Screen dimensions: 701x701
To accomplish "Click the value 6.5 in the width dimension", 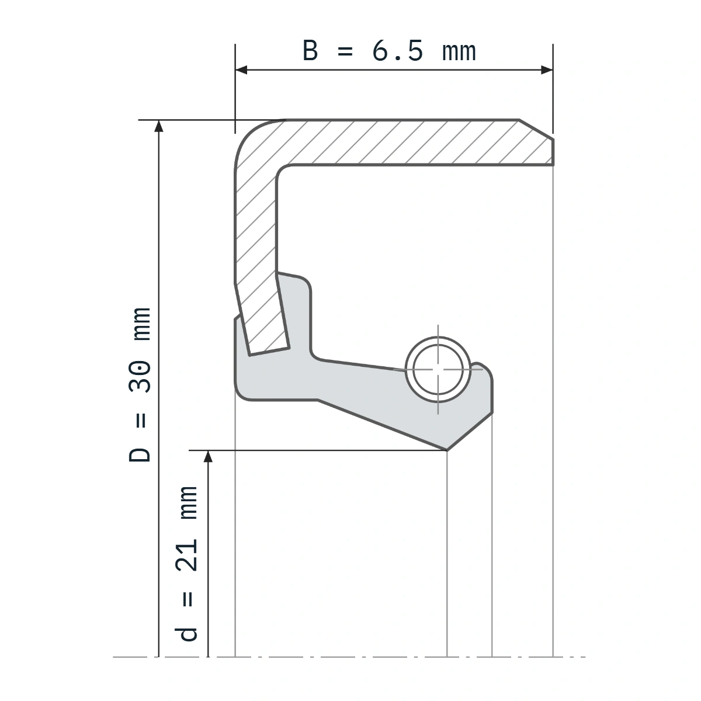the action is click(x=397, y=51).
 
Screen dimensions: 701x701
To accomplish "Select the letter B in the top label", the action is click(x=310, y=51).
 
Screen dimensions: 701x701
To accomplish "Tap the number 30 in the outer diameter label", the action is click(x=140, y=377).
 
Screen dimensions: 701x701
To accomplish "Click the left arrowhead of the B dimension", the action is click(x=241, y=70).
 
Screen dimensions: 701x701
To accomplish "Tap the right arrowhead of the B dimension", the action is click(x=547, y=70).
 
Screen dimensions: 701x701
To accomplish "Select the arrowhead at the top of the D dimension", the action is click(x=159, y=126).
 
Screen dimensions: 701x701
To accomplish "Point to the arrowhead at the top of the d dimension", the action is click(x=208, y=457).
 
